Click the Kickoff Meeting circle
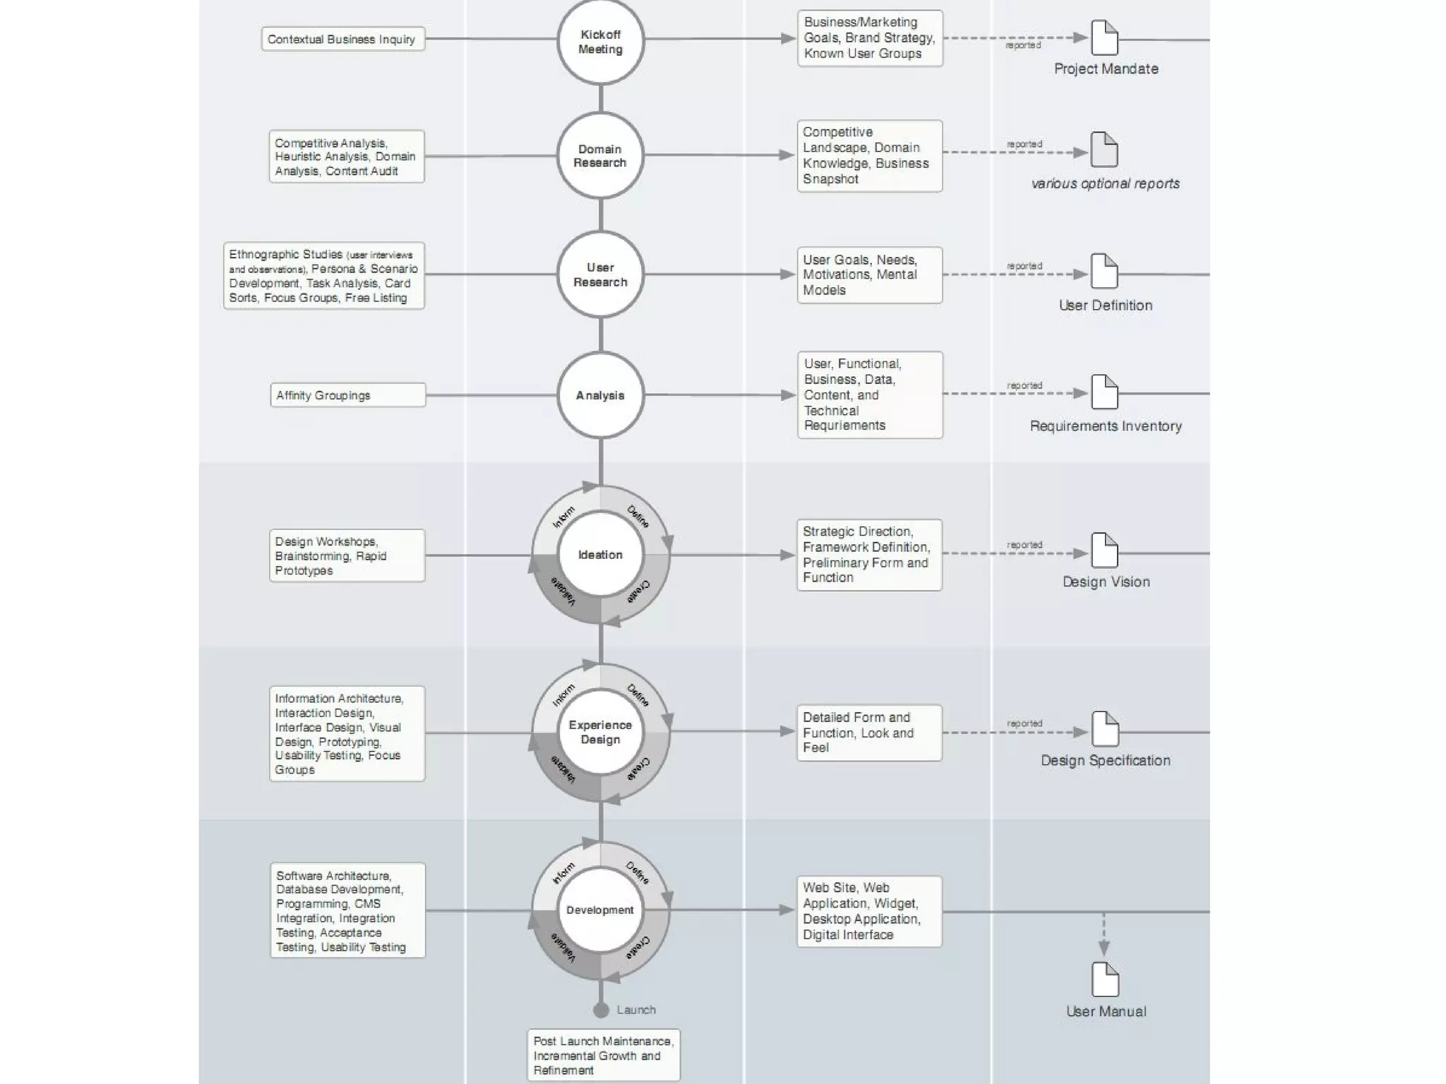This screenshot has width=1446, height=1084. (x=600, y=42)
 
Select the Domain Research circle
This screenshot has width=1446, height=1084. (x=600, y=156)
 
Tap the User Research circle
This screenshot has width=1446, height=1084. (x=600, y=275)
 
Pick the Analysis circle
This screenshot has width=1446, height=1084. (x=600, y=395)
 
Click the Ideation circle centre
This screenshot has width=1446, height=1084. (x=600, y=555)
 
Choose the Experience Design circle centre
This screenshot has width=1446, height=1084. (x=600, y=732)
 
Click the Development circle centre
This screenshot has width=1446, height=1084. (x=600, y=910)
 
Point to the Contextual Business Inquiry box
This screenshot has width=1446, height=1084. (x=342, y=39)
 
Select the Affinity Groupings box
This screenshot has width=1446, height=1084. (x=347, y=395)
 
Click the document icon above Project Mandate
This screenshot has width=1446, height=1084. (x=1105, y=37)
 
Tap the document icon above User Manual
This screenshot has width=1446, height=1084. (x=1105, y=980)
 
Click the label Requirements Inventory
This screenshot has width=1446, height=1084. (x=1106, y=426)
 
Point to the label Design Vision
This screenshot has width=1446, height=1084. (x=1106, y=582)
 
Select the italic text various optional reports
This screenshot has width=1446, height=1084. (x=1106, y=183)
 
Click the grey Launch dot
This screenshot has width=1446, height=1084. (x=601, y=1010)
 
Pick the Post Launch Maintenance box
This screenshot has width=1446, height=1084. (x=603, y=1055)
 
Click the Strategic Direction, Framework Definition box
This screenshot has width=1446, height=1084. (x=869, y=555)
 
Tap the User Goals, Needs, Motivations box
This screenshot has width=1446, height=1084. (x=869, y=275)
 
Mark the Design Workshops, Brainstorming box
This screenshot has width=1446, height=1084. (x=347, y=555)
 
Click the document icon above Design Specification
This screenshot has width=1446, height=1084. (x=1105, y=729)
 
